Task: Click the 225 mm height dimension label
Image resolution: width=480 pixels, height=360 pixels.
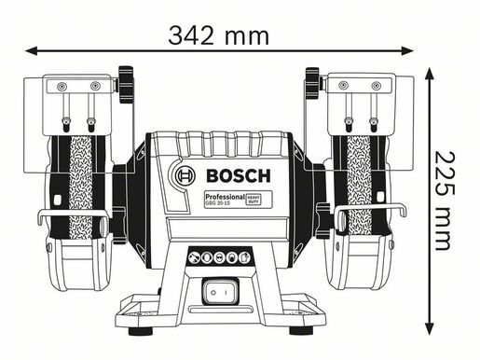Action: click(x=449, y=201)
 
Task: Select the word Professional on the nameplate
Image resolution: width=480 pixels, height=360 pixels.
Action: click(x=224, y=198)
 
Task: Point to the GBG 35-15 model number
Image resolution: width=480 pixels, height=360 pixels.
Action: click(x=217, y=206)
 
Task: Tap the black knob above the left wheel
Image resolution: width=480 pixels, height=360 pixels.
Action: click(x=125, y=85)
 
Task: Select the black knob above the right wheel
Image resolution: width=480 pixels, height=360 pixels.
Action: click(x=313, y=85)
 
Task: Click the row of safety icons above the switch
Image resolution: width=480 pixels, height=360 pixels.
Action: click(x=218, y=258)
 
